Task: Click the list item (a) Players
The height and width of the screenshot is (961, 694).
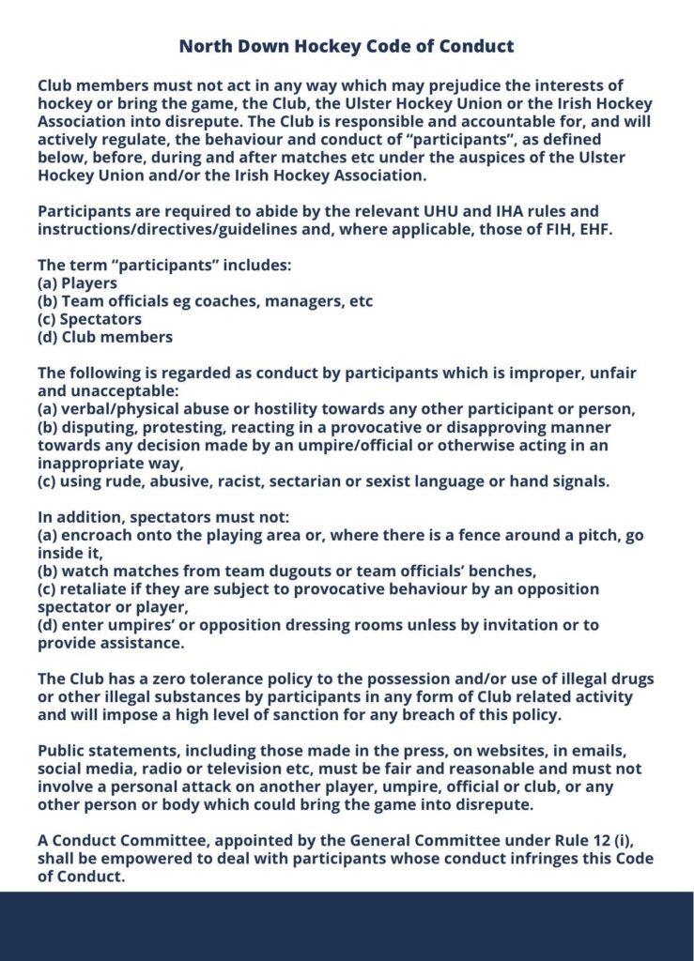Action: coord(78,282)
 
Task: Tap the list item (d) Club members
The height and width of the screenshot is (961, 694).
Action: coord(105,336)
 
